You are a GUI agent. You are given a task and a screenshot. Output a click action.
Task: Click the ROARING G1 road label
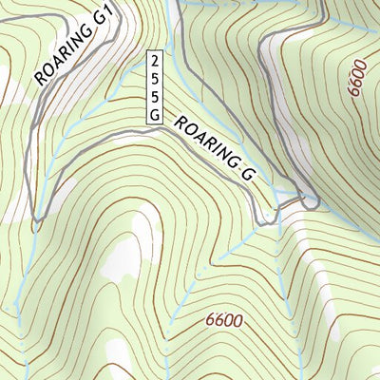point(74,46)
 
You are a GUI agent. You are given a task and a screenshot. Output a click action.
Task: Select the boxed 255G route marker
point(154,86)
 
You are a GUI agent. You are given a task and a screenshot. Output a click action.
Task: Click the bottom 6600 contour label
point(223,321)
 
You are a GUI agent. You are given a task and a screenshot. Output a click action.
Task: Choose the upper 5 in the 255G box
point(154,78)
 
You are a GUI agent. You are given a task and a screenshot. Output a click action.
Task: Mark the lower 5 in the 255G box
point(154,95)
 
